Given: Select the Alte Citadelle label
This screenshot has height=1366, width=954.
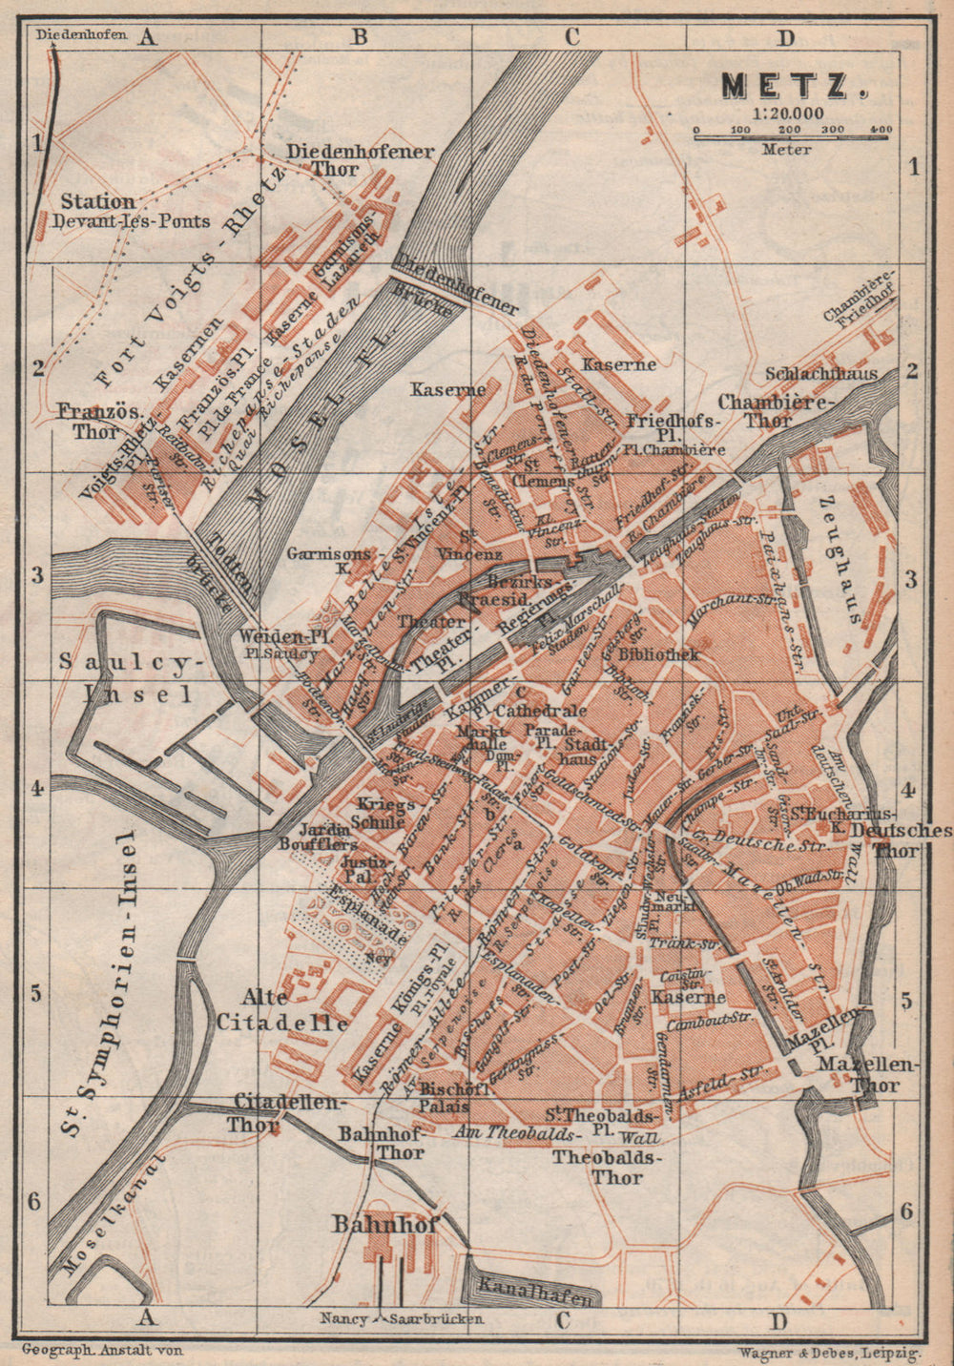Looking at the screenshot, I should click(281, 1010).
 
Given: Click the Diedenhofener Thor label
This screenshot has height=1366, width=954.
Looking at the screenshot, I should click(361, 160).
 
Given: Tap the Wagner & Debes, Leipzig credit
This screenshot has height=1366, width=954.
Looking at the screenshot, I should click(828, 1352).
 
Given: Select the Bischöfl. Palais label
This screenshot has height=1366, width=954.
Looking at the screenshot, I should click(454, 1098).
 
